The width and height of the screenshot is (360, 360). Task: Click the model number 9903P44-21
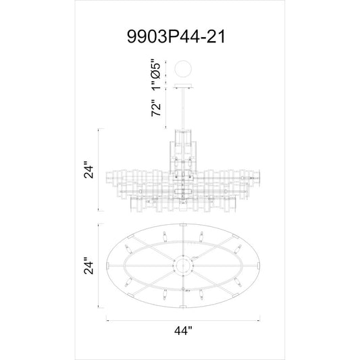(x=176, y=36)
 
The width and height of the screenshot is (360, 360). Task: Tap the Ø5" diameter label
(x=155, y=69)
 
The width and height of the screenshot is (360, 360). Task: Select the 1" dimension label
(x=155, y=85)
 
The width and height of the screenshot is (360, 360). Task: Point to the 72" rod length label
(x=155, y=108)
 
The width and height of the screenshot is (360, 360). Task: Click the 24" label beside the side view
(x=88, y=170)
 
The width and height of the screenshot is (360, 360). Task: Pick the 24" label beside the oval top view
(x=88, y=266)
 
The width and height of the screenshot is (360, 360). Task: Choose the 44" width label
(x=183, y=330)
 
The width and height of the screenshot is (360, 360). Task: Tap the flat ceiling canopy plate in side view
(x=183, y=86)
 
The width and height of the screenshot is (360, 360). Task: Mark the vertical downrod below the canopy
(x=183, y=109)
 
